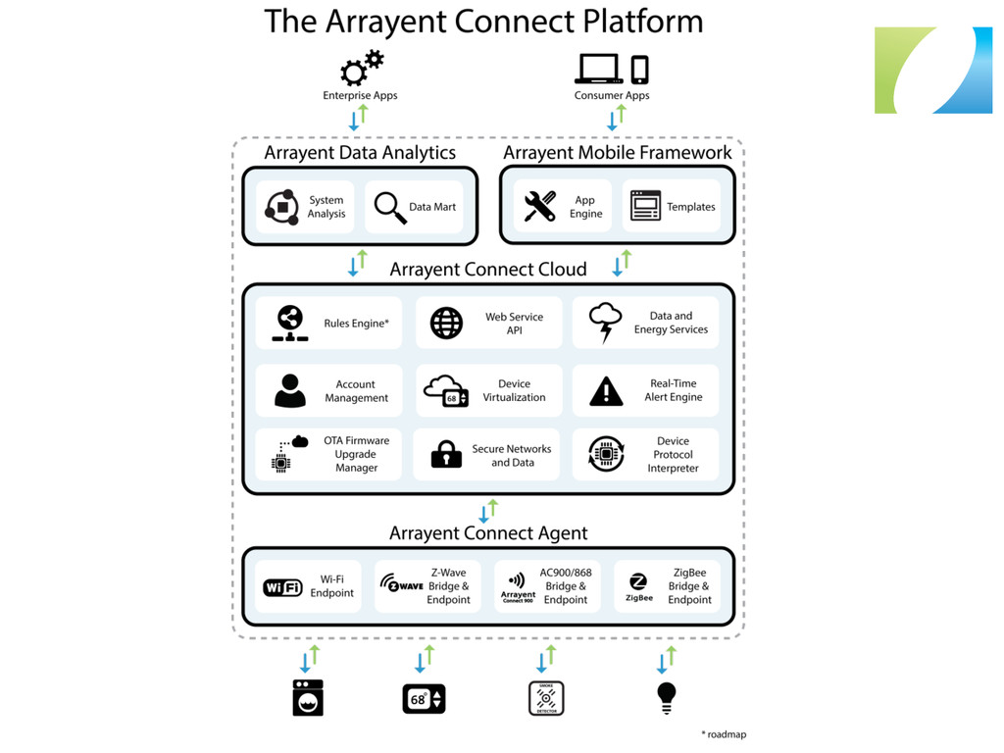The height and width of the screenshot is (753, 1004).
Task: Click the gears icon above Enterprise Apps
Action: pos(361,69)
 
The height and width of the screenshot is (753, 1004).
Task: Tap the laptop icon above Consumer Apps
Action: pos(598,69)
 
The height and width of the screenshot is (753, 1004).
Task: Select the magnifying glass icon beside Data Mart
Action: pos(390,207)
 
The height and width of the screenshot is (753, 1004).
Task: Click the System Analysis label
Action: pos(326,207)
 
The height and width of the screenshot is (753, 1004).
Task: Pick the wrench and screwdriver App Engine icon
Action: pos(539,207)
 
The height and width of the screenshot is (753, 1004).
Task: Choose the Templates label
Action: pos(691,207)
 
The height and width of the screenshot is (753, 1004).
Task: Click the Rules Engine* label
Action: pos(356,324)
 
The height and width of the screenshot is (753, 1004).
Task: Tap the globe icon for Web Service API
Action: pos(446,324)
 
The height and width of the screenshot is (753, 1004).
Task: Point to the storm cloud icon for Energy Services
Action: pos(605,323)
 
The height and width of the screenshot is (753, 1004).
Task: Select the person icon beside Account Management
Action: pos(289,390)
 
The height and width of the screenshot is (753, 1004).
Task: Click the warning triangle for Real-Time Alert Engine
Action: pos(606,391)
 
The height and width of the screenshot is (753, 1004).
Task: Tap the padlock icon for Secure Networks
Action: pos(446,454)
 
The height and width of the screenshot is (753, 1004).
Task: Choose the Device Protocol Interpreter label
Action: pos(673,455)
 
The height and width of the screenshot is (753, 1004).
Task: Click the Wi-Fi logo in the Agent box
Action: pos(282,587)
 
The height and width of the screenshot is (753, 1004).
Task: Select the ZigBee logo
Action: pos(638,586)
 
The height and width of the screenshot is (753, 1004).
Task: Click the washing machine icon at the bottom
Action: pos(308,697)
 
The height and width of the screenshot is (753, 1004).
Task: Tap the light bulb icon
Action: pos(667,697)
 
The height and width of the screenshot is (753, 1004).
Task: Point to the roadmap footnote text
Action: pos(724,733)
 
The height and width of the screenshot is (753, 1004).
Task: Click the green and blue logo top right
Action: pos(932,71)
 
